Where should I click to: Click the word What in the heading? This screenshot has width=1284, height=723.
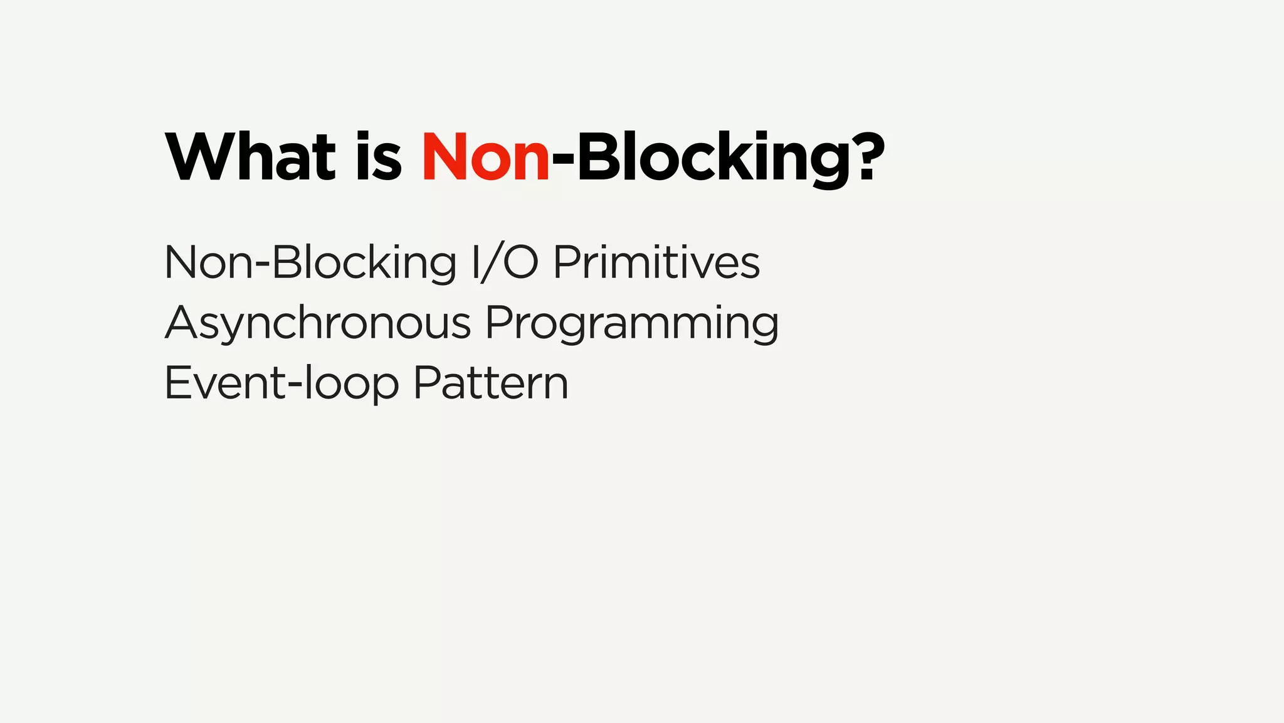pyautogui.click(x=251, y=157)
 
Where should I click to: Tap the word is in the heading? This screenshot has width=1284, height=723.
pyautogui.click(x=379, y=157)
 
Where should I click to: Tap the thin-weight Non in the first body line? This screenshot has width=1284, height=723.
pyautogui.click(x=208, y=262)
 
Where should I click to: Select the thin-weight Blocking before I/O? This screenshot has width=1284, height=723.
pyautogui.click(x=364, y=262)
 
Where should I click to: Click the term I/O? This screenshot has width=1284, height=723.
pyautogui.click(x=505, y=262)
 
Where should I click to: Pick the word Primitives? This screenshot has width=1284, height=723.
pyautogui.click(x=656, y=262)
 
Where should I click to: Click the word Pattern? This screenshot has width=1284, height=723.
pyautogui.click(x=491, y=383)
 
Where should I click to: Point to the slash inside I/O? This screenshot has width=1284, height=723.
pyautogui.click(x=493, y=262)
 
